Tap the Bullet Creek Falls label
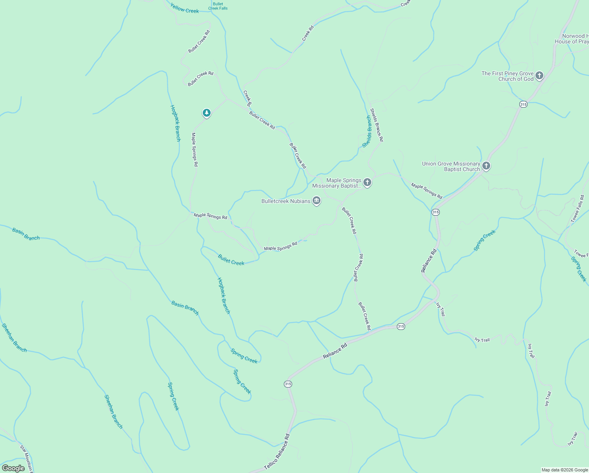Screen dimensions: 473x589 218,6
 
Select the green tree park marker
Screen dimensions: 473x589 206,113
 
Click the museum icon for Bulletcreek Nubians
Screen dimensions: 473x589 317,201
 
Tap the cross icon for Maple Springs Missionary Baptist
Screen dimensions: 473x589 367,182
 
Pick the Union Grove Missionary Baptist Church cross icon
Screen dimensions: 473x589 486,166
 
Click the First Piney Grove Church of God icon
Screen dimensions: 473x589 539,76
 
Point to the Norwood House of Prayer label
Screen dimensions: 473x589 573,39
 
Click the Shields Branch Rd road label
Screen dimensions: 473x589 376,125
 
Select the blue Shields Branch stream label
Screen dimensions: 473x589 367,132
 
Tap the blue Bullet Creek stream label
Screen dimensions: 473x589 231,260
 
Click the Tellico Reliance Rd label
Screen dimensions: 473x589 277,452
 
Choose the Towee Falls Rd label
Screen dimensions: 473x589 577,208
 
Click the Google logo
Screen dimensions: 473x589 13,468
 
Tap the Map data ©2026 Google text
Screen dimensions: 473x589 564,470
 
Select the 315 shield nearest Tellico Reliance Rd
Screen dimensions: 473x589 288,384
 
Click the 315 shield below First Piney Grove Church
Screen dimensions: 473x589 523,104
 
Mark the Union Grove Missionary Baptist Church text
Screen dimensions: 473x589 451,166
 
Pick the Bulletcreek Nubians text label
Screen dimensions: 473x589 286,201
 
